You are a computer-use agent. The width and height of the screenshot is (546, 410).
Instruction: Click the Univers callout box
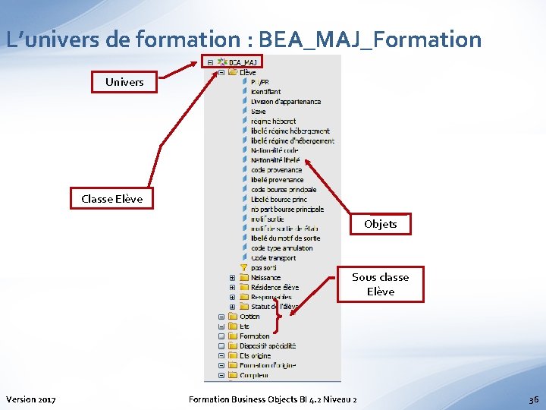coord(124,82)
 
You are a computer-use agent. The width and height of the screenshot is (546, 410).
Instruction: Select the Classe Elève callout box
coord(111,200)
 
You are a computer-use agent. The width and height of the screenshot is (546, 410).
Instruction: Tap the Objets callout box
coord(380,224)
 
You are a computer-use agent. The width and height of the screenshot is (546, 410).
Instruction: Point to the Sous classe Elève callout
coord(380,284)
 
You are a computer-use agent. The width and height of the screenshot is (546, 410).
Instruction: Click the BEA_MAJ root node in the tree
coord(243,62)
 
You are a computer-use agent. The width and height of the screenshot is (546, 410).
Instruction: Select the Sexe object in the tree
coord(259,112)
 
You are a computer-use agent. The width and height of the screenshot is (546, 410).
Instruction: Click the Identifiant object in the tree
coord(265,92)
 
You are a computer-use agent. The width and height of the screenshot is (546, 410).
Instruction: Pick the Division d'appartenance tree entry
coord(286,102)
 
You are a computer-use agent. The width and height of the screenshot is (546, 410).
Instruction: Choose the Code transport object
coord(274,258)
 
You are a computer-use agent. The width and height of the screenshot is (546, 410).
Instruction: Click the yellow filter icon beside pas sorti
coord(243,267)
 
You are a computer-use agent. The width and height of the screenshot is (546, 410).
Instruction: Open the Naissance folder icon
coord(243,278)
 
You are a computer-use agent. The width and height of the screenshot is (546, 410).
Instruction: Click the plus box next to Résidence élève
coord(232,288)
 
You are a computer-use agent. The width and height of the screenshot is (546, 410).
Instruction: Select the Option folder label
coord(249,317)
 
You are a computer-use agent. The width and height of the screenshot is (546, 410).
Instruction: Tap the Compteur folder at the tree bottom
coord(254,375)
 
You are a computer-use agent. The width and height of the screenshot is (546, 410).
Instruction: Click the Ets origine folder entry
coord(255,355)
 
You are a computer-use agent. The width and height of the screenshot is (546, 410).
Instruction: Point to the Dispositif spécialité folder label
coord(268,345)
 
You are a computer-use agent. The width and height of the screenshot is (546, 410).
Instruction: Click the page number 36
coord(533,399)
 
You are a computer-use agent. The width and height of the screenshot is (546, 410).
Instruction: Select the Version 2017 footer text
coord(30,399)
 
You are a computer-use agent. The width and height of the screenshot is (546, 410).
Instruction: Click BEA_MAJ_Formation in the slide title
coord(370,39)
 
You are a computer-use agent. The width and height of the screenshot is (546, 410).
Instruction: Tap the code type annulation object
coord(281,248)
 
